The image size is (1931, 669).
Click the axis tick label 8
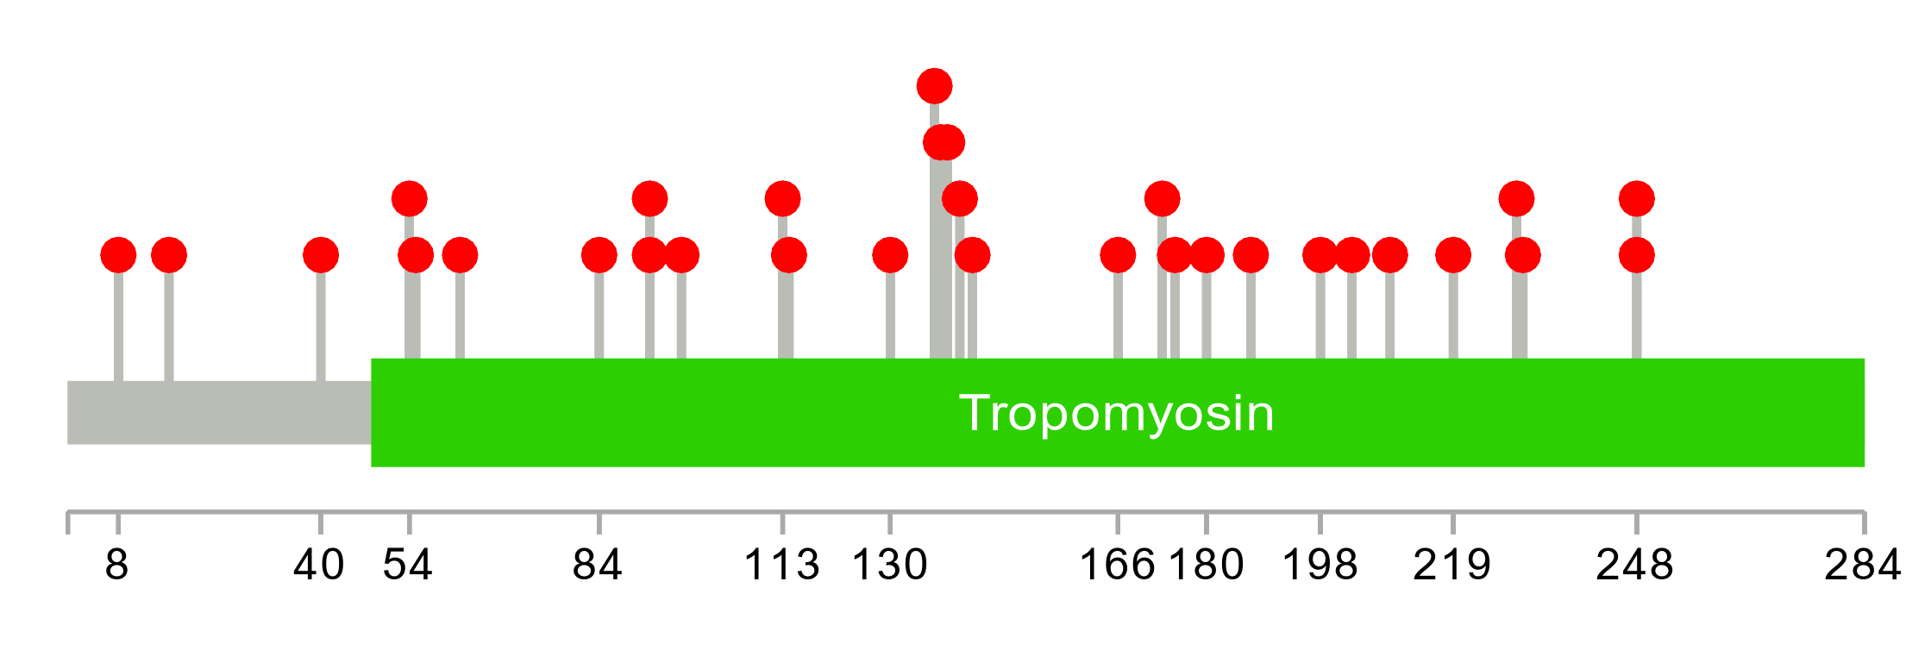(x=117, y=566)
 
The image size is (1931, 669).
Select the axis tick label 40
(x=319, y=566)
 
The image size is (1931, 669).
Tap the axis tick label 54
(x=408, y=566)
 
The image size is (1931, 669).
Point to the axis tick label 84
(x=598, y=566)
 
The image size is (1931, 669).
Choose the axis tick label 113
(x=781, y=566)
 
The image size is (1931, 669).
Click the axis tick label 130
(x=889, y=566)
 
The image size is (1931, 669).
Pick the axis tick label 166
(x=1117, y=566)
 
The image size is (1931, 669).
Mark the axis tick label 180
(x=1206, y=566)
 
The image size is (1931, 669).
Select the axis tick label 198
(x=1320, y=566)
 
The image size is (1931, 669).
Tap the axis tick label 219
(x=1452, y=566)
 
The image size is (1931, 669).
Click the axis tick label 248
(x=1635, y=566)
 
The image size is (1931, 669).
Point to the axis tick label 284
(x=1863, y=566)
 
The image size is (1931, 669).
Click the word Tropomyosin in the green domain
(x=1117, y=413)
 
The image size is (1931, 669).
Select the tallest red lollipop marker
(x=934, y=86)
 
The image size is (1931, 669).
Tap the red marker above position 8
(x=118, y=255)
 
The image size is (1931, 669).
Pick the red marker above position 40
(x=321, y=255)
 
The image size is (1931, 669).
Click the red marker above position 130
(x=890, y=255)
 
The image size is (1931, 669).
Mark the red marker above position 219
(x=1453, y=255)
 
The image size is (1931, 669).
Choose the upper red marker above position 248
(x=1636, y=199)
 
